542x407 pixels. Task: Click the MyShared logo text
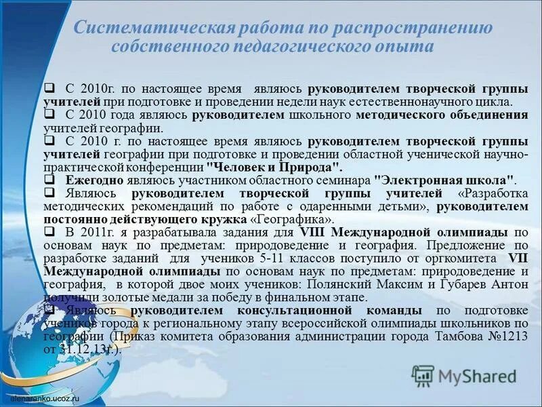(476, 375)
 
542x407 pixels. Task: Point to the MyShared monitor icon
(423, 375)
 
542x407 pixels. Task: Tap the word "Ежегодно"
(94, 181)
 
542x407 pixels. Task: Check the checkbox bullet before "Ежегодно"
(49, 180)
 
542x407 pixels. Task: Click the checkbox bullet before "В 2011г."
(49, 232)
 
